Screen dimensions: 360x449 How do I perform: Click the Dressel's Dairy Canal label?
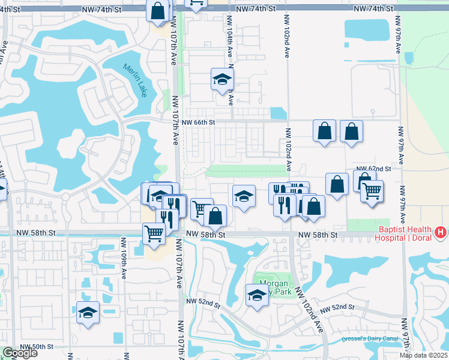(x=372, y=339)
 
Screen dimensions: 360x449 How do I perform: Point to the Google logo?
(x=19, y=353)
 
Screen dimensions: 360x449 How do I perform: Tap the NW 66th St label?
(x=198, y=122)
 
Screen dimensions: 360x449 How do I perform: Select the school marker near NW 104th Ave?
(x=222, y=78)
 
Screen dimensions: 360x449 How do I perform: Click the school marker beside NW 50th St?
(x=88, y=312)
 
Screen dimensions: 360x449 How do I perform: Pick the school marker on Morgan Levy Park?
(x=257, y=295)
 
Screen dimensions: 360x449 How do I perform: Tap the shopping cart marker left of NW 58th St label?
(x=154, y=233)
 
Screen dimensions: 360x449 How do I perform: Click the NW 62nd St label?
(x=373, y=169)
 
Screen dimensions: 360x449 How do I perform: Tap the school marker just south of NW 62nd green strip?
(x=243, y=196)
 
